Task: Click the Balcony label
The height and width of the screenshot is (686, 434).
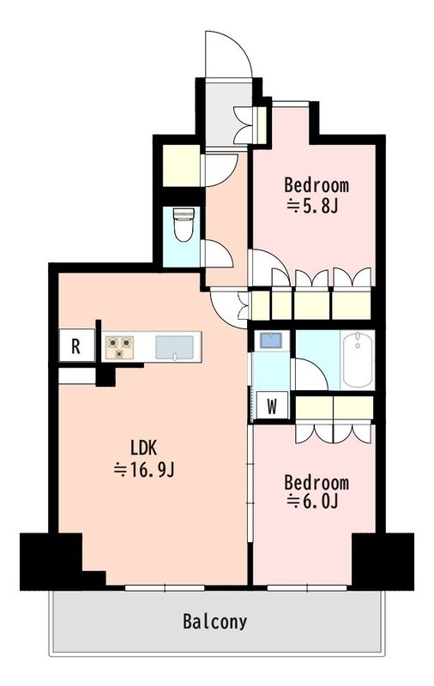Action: pyautogui.click(x=214, y=621)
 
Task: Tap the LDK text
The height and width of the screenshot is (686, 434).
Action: pyautogui.click(x=143, y=448)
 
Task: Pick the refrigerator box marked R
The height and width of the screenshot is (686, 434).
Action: pyautogui.click(x=76, y=346)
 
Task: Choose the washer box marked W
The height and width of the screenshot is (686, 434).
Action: pyautogui.click(x=272, y=407)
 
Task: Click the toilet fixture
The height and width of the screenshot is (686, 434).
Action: pyautogui.click(x=184, y=225)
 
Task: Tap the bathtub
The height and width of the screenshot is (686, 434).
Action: pyautogui.click(x=358, y=359)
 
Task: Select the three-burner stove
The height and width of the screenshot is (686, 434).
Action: pyautogui.click(x=119, y=347)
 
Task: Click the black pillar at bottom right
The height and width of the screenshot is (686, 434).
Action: pyautogui.click(x=383, y=562)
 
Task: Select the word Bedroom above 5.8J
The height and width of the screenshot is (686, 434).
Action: pyautogui.click(x=316, y=185)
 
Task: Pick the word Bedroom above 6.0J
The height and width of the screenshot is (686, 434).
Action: pyautogui.click(x=316, y=482)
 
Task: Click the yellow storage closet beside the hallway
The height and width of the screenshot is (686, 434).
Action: pyautogui.click(x=182, y=165)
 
